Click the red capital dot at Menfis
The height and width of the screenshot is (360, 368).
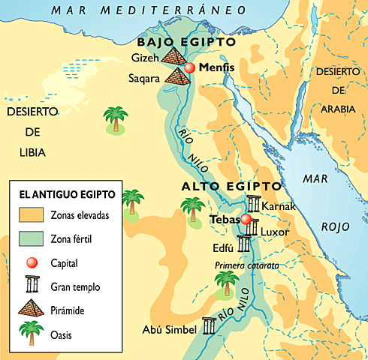[x=190, y=68]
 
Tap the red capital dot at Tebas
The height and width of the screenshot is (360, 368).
[x=246, y=219]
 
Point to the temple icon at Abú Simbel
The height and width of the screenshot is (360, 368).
[x=208, y=326]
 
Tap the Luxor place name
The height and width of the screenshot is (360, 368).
[x=274, y=232]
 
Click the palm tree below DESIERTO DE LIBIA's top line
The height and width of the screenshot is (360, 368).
[x=115, y=120]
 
